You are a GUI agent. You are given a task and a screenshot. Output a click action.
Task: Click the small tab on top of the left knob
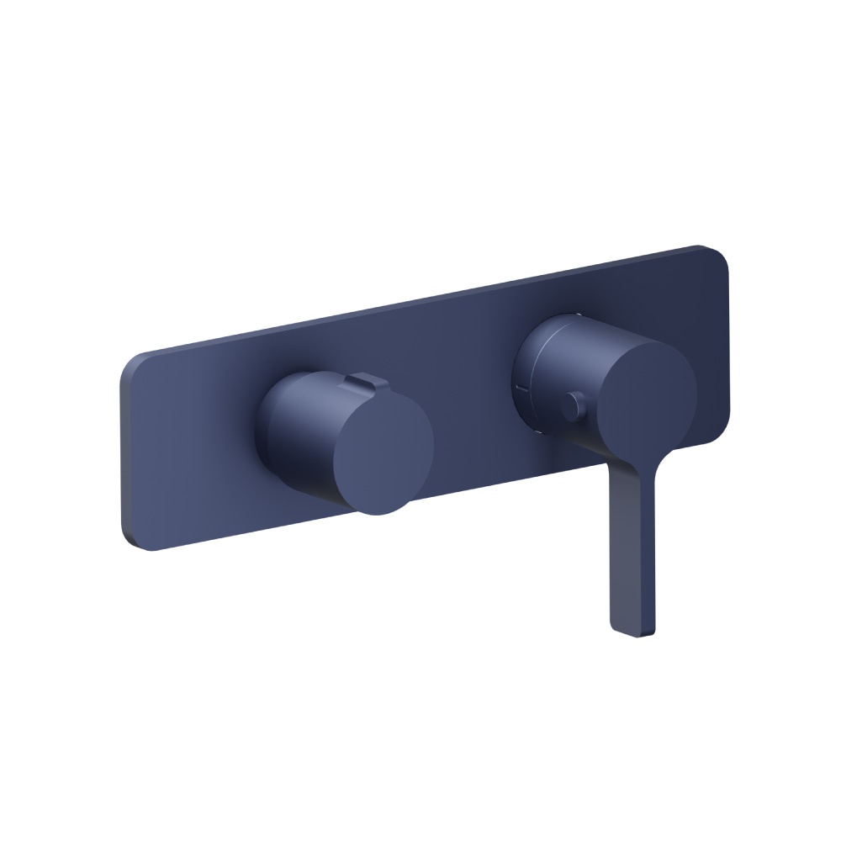click(x=361, y=382)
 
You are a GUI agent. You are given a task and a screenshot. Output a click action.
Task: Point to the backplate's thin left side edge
click(x=124, y=454)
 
